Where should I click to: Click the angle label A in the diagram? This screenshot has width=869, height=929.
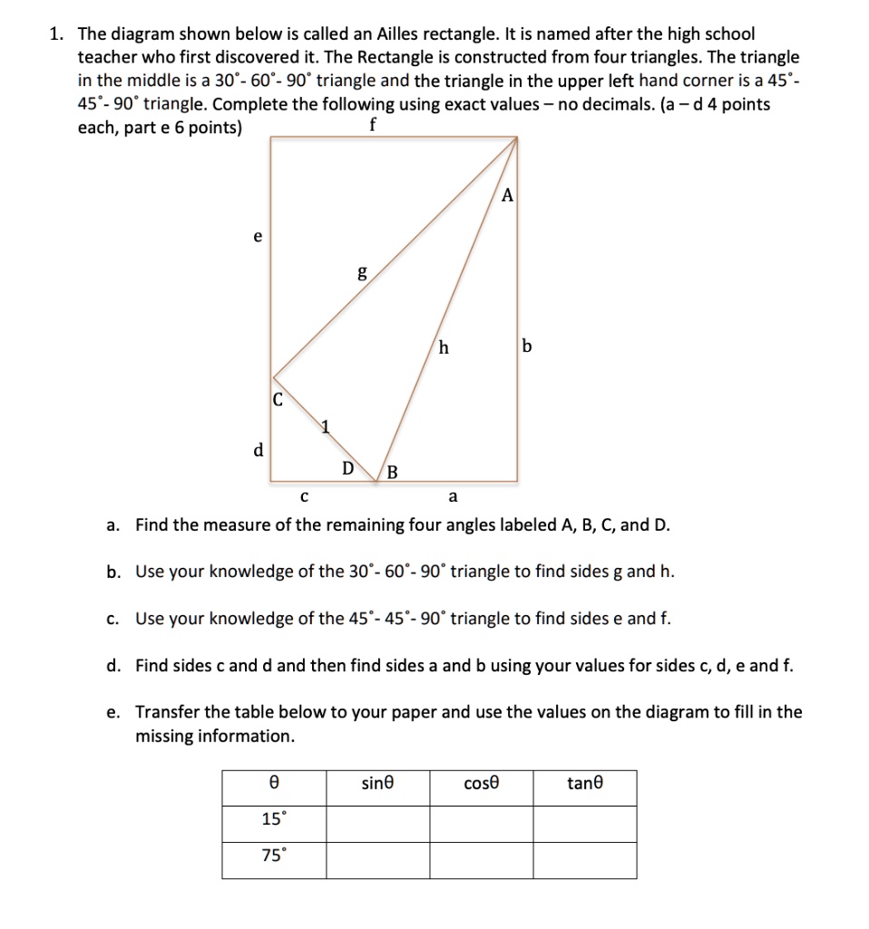pos(508,194)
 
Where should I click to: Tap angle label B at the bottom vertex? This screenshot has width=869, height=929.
pos(392,470)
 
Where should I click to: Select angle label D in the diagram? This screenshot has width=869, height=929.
pos(347,468)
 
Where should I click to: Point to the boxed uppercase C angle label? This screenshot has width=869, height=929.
pos(278,398)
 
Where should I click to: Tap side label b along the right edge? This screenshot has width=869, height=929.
pos(529,346)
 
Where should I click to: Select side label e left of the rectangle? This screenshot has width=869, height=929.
pos(258,236)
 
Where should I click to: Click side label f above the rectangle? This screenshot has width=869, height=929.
pos(372,125)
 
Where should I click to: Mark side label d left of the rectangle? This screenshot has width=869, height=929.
pos(258,449)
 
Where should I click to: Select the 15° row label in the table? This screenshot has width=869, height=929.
pos(273,819)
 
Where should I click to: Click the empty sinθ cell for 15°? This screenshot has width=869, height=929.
pos(377,822)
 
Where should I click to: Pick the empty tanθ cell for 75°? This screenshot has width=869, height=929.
pos(584,860)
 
